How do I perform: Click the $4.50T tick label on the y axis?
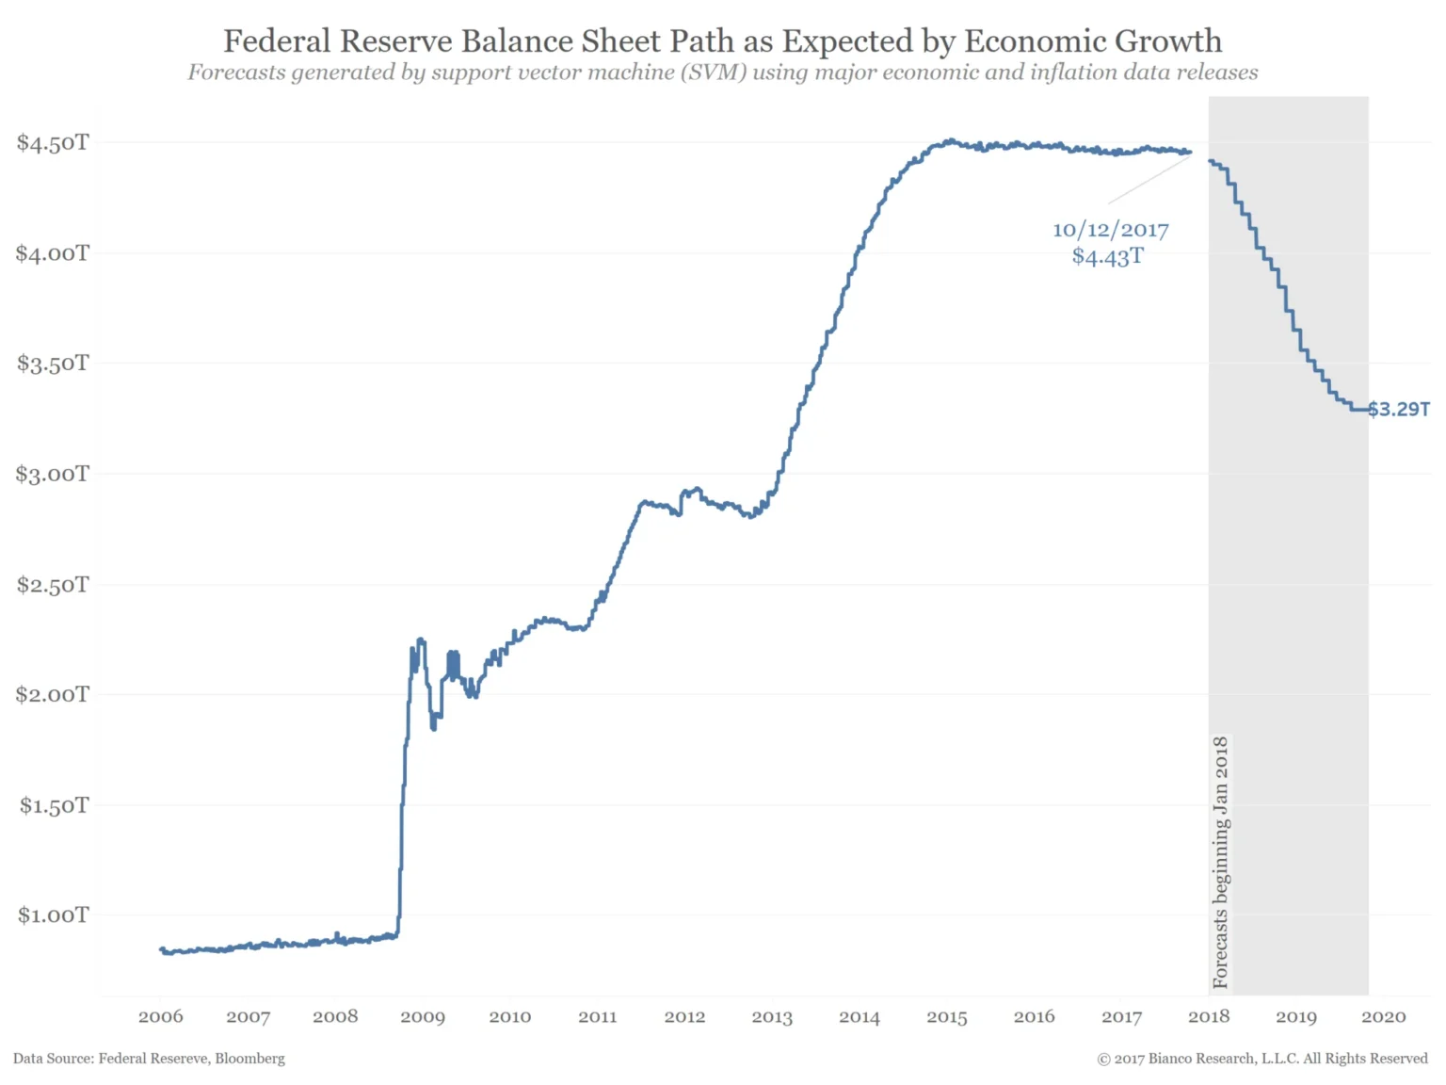53,142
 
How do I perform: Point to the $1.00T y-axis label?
53,915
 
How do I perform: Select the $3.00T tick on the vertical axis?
53,474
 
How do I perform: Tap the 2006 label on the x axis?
161,1016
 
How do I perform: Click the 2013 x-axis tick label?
772,1016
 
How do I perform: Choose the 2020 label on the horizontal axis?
1383,1016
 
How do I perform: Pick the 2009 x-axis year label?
423,1016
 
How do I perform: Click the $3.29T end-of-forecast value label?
1398,409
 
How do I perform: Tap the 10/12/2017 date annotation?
1110,230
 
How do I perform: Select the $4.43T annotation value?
1107,256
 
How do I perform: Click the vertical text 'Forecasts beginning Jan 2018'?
1220,862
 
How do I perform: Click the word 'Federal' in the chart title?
277,40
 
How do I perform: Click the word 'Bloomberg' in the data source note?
249,1059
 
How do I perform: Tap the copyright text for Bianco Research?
1261,1059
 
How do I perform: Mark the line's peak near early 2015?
952,141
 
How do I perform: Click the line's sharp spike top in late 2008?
420,640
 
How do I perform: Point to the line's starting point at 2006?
162,949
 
